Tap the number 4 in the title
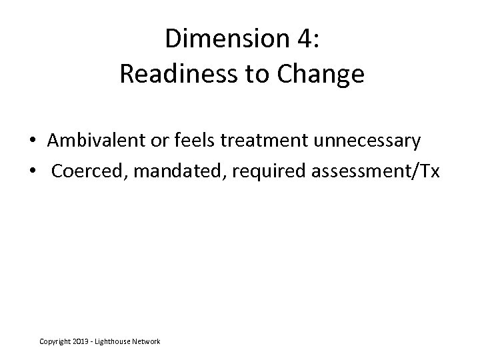(307, 39)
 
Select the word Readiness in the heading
(175, 75)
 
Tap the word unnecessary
(362, 141)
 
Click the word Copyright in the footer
(57, 341)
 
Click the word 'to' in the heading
(257, 75)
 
